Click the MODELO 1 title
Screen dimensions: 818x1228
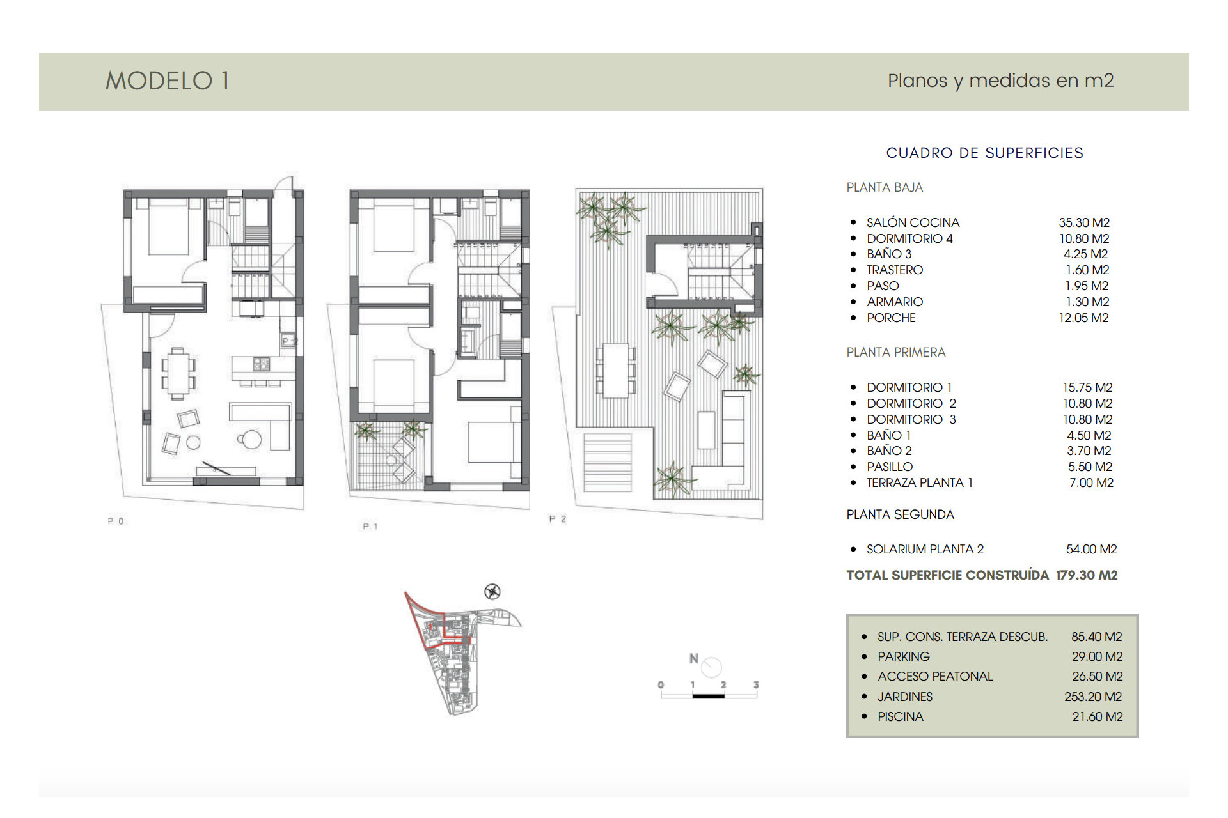coord(168,81)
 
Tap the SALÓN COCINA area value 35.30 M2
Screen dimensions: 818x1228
coord(1084,222)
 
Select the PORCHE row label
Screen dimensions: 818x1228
coord(891,318)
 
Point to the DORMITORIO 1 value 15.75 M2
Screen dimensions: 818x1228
coord(1087,387)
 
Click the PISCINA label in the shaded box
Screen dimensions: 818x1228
coord(900,716)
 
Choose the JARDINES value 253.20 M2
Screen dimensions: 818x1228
coord(1093,697)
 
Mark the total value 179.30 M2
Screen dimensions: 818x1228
coord(1087,575)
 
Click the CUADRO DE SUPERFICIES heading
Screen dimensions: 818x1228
coord(984,153)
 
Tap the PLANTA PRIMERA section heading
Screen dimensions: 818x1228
coord(895,352)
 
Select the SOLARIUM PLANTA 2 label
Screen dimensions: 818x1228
coord(925,549)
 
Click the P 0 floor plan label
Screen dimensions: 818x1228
coord(116,521)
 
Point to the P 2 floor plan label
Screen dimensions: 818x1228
coord(557,519)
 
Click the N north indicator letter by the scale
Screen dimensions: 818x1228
coord(694,658)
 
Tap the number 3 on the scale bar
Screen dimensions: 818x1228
coord(756,684)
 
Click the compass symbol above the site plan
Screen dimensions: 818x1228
coord(492,592)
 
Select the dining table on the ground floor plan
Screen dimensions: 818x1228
coord(178,373)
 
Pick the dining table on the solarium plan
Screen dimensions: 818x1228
coord(616,370)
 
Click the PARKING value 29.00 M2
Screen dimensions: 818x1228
coord(1097,656)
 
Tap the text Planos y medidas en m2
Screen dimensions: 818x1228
coord(1000,81)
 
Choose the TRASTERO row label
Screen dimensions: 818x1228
coord(894,270)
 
